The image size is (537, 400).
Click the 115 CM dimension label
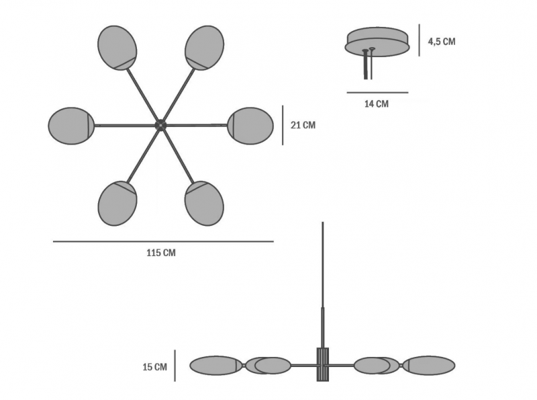(x=161, y=253)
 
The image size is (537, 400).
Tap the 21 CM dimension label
(x=303, y=125)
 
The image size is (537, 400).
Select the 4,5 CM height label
(x=442, y=42)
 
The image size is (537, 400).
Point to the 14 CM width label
(x=377, y=104)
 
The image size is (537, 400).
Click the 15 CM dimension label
(x=155, y=367)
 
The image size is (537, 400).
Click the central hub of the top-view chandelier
(x=160, y=125)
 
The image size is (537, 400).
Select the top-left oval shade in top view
(x=117, y=48)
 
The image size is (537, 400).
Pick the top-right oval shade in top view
(x=205, y=48)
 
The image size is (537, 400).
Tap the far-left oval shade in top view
(x=71, y=126)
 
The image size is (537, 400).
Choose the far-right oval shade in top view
(x=250, y=126)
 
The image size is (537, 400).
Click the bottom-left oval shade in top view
(x=117, y=204)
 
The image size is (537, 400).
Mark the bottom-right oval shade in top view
(x=204, y=204)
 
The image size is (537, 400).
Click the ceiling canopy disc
(x=377, y=42)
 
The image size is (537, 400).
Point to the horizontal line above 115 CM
(x=163, y=241)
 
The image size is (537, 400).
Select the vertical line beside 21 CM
(x=283, y=125)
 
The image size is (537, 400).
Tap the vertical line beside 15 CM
(x=175, y=366)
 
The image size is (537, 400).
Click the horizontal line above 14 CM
(x=377, y=92)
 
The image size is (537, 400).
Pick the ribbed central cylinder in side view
(x=323, y=364)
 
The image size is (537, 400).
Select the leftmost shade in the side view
(x=216, y=365)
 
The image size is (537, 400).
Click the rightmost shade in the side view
(x=429, y=365)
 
